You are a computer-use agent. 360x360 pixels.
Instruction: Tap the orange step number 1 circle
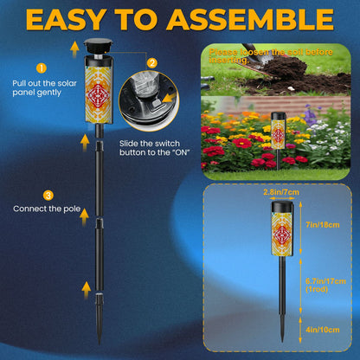(38, 67)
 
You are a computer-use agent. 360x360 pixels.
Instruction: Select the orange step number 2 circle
(151, 63)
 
